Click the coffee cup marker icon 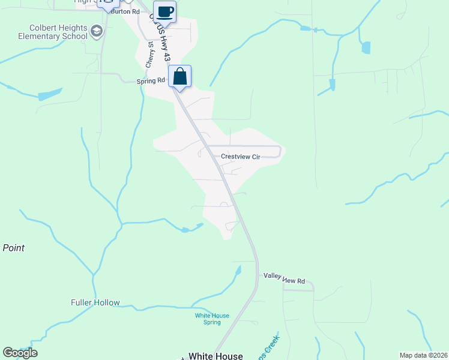tap(164, 11)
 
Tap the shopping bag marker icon tap(179, 76)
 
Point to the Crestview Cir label tap(240, 157)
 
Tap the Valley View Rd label tap(285, 281)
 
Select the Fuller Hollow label tap(95, 303)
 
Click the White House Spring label tap(208, 319)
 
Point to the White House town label tap(215, 356)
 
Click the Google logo tap(20, 353)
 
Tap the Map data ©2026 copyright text tap(423, 355)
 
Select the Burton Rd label tap(127, 11)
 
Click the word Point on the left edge tap(13, 248)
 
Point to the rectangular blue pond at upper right tap(366, 47)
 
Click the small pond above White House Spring tap(238, 271)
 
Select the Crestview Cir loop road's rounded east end tap(280, 151)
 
